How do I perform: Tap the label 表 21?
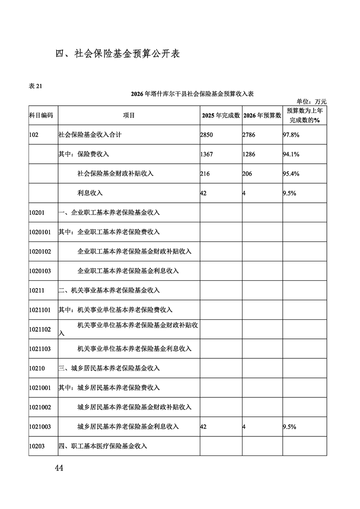tap(35, 87)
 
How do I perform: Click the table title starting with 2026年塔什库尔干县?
tap(192, 94)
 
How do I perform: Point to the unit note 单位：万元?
tap(311, 102)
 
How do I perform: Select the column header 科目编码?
tap(41, 115)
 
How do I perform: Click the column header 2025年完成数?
tap(221, 116)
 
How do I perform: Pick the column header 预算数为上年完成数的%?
tap(305, 115)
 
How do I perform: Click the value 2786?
tap(249, 135)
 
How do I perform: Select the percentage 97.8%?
tap(291, 135)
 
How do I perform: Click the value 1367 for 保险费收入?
tap(206, 154)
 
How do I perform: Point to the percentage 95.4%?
tap(291, 174)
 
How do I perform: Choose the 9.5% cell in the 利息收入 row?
tap(289, 193)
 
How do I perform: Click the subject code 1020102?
tap(40, 251)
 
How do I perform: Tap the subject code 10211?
tap(37, 290)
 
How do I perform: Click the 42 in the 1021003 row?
tap(203, 426)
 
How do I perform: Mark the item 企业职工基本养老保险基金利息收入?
tap(128, 271)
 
